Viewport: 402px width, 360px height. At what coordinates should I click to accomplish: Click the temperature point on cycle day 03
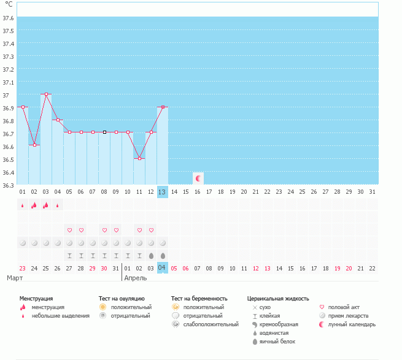(x=47, y=94)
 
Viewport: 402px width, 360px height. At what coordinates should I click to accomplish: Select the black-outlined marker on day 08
(x=104, y=132)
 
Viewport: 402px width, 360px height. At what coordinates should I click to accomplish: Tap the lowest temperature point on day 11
(x=139, y=159)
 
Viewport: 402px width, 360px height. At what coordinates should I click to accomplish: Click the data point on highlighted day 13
(x=163, y=107)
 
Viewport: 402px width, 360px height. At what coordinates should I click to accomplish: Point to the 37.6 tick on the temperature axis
(x=8, y=18)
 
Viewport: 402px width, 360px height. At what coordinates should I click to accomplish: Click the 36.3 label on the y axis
(x=8, y=185)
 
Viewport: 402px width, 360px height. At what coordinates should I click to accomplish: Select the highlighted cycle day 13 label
(x=163, y=192)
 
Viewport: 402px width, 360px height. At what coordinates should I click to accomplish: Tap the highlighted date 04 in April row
(x=163, y=268)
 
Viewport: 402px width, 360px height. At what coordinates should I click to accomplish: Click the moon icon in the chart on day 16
(x=198, y=178)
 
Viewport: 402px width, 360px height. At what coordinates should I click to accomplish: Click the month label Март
(x=15, y=278)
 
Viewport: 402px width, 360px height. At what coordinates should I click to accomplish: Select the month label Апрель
(x=136, y=278)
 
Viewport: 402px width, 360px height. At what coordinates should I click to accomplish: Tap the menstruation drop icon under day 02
(x=34, y=205)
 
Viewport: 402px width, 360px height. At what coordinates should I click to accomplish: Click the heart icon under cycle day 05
(x=69, y=231)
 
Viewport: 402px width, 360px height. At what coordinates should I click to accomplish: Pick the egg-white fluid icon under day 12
(x=151, y=256)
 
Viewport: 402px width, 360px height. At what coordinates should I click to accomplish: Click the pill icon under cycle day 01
(x=23, y=243)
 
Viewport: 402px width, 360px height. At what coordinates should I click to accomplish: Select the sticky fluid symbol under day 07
(x=93, y=256)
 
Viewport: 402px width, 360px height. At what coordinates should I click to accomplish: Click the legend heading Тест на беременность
(x=199, y=299)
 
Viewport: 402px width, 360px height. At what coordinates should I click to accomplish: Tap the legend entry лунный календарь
(x=352, y=324)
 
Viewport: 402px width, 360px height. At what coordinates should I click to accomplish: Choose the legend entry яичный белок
(x=277, y=342)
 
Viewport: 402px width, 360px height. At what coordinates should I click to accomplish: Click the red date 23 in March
(x=23, y=268)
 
